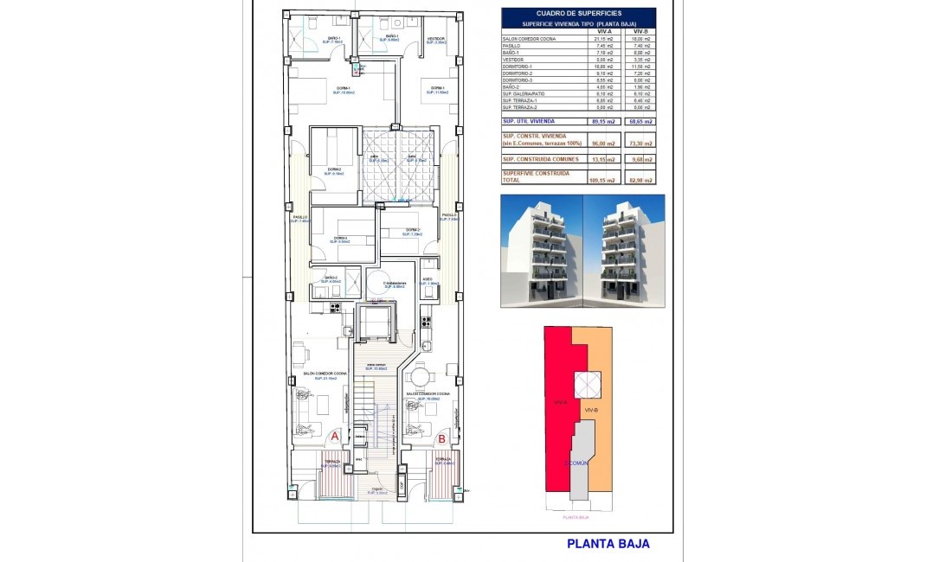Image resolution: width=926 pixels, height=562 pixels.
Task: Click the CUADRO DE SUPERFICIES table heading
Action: point(578,13)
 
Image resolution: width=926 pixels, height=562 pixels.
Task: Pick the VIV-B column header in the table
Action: point(641,31)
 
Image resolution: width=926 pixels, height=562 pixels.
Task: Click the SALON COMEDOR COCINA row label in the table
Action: point(529,39)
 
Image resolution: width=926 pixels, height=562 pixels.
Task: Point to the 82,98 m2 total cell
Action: point(641,180)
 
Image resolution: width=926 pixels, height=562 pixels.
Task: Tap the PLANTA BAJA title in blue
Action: point(608,544)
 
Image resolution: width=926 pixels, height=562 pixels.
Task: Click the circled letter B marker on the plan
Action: point(442,437)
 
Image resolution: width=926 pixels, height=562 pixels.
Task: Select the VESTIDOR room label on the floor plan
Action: point(437,38)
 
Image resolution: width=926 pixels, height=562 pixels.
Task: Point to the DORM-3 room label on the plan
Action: point(341,239)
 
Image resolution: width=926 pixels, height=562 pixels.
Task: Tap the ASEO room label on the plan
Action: point(428,279)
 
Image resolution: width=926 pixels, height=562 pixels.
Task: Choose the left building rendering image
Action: point(541,251)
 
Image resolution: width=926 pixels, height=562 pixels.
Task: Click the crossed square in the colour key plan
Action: point(587,384)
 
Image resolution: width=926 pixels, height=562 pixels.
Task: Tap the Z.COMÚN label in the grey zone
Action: point(576,463)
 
